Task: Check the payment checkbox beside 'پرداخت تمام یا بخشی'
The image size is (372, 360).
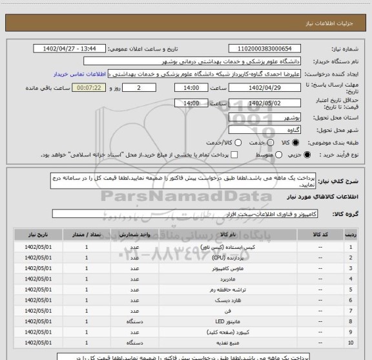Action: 234,155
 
